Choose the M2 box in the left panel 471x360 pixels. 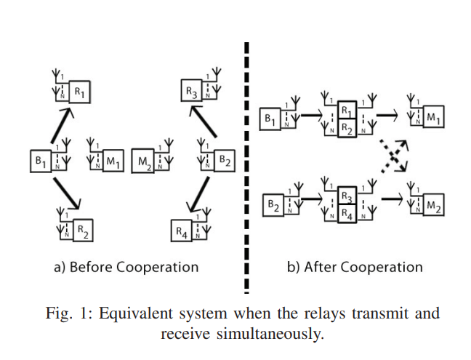pos(142,161)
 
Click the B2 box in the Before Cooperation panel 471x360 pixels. pos(224,161)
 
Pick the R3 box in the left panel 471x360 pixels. pos(190,92)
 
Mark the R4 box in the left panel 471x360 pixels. pos(181,232)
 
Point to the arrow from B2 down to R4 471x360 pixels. pos(197,195)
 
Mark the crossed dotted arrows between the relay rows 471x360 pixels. pos(393,156)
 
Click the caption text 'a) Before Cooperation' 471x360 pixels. pos(126,267)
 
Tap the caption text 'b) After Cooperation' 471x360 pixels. pos(354,267)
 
